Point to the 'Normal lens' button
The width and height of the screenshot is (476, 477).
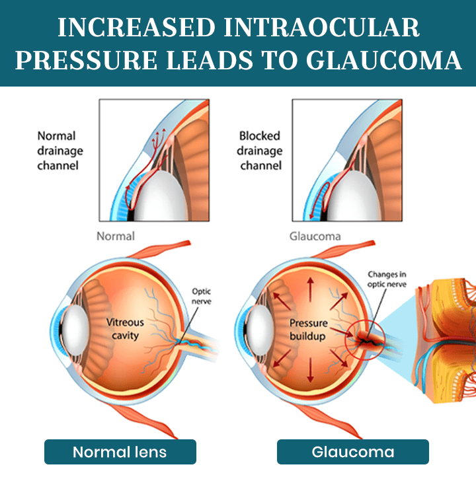click(120, 452)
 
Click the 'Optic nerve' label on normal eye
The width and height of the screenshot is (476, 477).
click(201, 295)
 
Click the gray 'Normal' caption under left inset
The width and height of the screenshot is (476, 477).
click(116, 236)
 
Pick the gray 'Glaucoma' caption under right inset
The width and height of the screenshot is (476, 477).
click(315, 236)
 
